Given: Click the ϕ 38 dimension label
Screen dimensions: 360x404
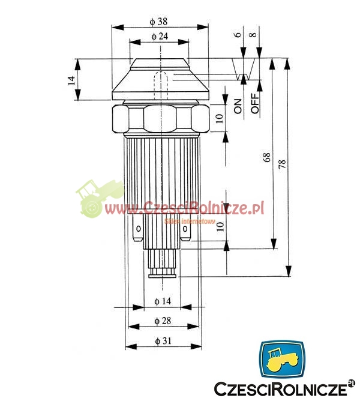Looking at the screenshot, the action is [158, 22].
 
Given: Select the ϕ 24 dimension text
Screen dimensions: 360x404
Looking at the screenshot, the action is [160, 37].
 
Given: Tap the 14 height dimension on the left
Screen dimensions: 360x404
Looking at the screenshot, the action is [71, 80].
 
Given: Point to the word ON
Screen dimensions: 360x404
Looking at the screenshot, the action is [238, 106].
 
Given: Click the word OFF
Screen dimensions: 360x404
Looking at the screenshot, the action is [254, 103].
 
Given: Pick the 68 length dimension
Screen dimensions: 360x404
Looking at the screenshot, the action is [267, 157].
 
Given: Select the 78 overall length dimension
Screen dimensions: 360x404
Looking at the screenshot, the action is [282, 164].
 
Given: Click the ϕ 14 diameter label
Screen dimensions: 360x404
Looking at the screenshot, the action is [163, 301].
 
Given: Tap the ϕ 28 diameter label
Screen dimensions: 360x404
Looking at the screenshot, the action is [163, 321].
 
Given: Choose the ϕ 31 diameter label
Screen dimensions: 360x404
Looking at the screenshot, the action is [163, 341].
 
